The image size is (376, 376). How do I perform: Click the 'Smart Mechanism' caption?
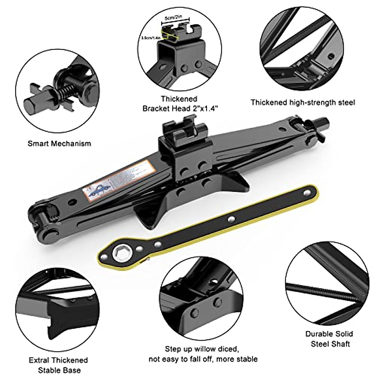(x=59, y=144)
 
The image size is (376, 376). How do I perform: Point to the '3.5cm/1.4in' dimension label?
(x=151, y=38)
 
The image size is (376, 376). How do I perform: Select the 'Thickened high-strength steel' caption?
(x=303, y=102)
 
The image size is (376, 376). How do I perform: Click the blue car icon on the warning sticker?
(x=97, y=191)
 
